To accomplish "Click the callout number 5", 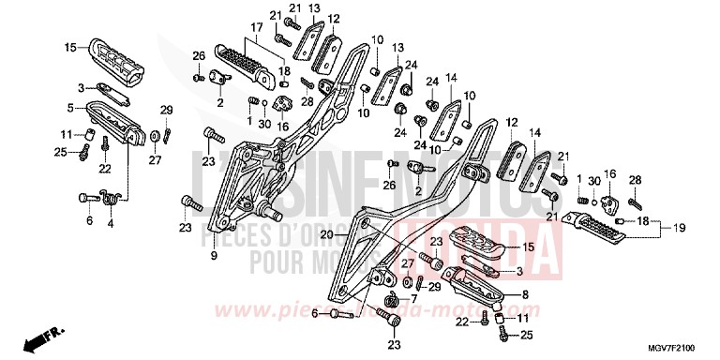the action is pyautogui.click(x=70, y=107).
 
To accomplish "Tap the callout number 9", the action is pyautogui.click(x=213, y=256).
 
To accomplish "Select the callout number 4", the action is pyautogui.click(x=111, y=223).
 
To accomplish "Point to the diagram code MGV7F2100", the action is pyautogui.click(x=664, y=348).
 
